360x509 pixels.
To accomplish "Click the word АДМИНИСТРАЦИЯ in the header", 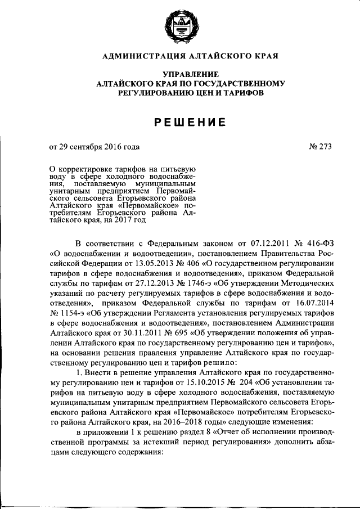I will (141, 56).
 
